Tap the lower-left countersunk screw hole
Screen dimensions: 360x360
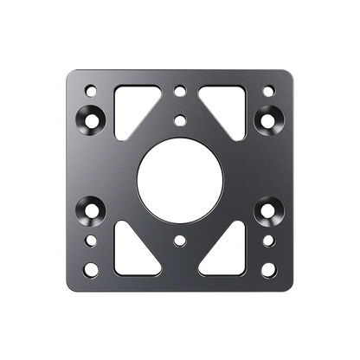(90, 209)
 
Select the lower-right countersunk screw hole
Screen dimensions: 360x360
(269, 209)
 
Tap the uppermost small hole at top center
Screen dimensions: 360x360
(179, 88)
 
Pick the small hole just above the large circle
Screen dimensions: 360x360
(179, 119)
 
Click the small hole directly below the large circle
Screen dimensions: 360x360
(179, 238)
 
